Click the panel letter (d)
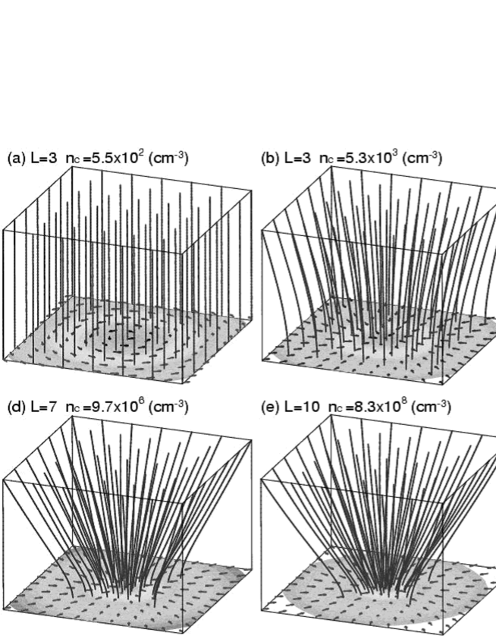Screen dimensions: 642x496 point(14,409)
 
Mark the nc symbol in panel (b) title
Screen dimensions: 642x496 point(327,159)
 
